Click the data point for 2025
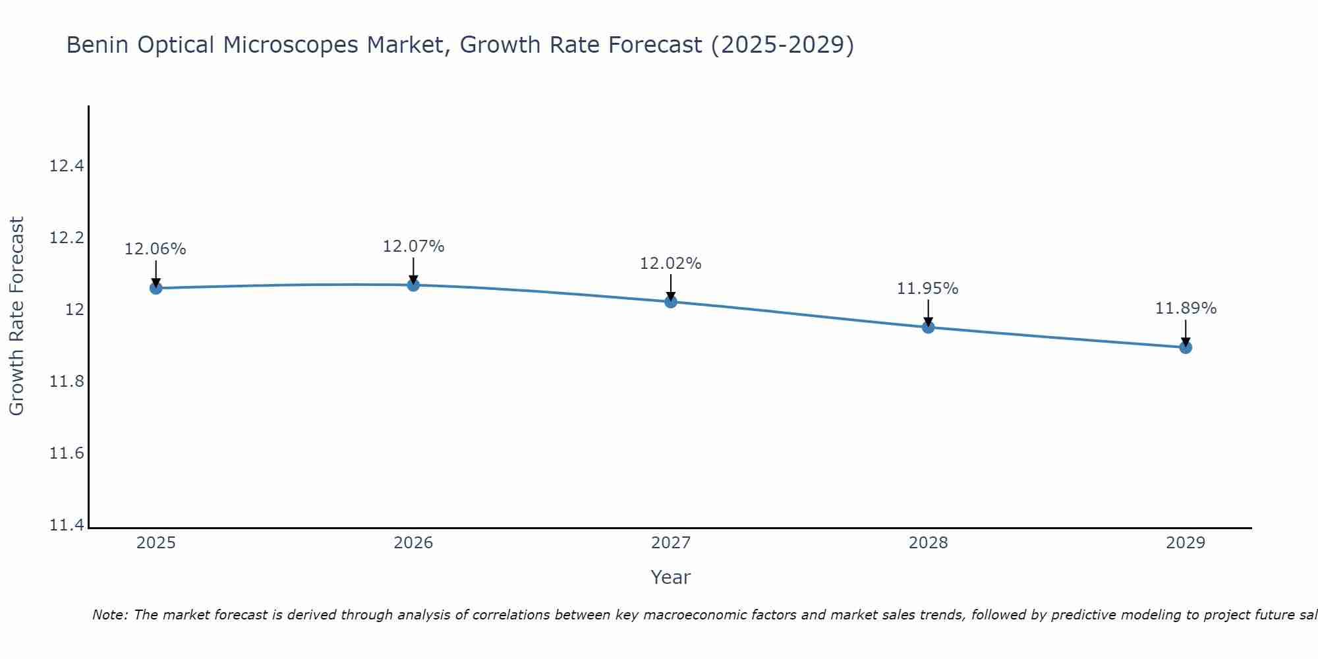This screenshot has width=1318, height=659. (156, 288)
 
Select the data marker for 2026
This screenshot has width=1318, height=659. (413, 285)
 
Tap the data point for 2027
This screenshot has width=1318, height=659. (671, 302)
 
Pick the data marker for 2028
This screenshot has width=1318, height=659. (928, 327)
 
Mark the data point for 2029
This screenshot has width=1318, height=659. (1186, 347)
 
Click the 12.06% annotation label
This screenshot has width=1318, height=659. (156, 249)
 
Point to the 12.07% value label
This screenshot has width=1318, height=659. (413, 246)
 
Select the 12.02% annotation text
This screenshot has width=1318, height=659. (670, 264)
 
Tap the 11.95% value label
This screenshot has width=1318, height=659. (927, 289)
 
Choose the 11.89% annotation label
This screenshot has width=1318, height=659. (1186, 308)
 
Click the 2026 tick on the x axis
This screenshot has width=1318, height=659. (413, 543)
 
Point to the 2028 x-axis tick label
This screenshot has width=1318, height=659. (928, 543)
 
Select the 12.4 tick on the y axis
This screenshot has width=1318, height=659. (67, 166)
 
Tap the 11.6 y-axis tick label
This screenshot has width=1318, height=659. (67, 453)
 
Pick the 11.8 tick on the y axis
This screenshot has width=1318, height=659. (67, 382)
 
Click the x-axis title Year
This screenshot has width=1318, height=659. (670, 577)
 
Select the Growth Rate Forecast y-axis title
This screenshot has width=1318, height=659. (16, 316)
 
